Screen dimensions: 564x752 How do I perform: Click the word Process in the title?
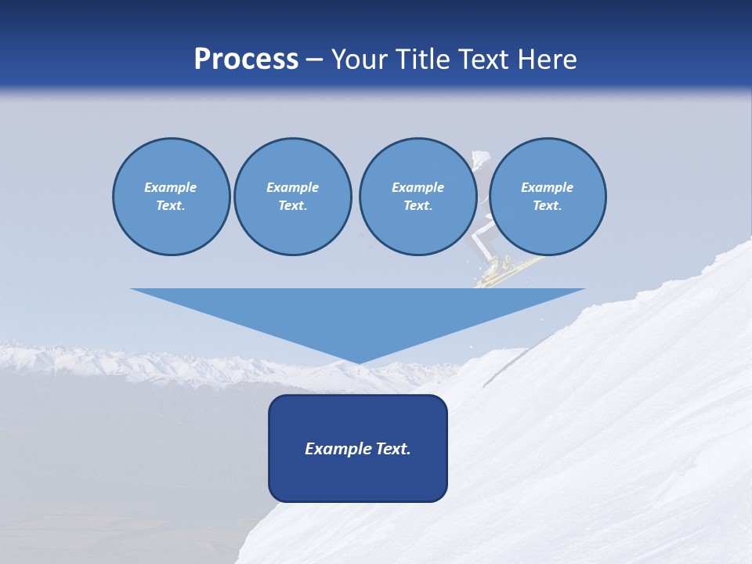(246, 60)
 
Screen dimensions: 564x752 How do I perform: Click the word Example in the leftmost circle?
(171, 187)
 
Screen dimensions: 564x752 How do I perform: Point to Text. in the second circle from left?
(292, 206)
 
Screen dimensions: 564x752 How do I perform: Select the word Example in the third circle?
(418, 187)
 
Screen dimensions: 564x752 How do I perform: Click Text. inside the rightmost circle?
(547, 206)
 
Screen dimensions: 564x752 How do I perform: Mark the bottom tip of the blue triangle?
(358, 362)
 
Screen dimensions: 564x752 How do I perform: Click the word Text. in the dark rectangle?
(393, 449)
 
